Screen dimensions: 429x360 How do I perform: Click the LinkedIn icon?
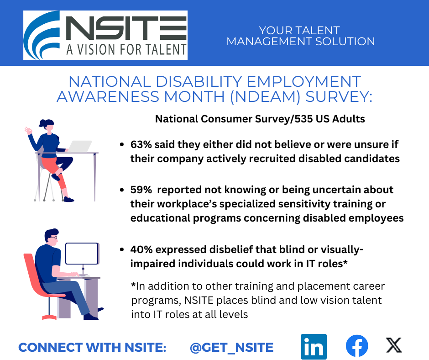click(314, 346)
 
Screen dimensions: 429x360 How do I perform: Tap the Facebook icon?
click(357, 346)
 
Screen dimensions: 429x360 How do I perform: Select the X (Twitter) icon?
click(394, 345)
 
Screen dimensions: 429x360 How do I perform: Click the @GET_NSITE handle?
click(231, 347)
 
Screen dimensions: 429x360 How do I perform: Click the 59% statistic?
click(141, 190)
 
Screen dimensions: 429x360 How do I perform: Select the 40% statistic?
click(141, 249)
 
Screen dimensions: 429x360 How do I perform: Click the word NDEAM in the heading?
click(265, 97)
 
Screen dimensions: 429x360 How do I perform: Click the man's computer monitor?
click(82, 254)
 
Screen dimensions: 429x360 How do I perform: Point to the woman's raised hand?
click(28, 130)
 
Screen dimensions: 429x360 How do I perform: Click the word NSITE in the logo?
click(126, 28)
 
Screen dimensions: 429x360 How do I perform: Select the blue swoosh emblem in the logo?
click(42, 35)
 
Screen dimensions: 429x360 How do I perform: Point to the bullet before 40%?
click(122, 250)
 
